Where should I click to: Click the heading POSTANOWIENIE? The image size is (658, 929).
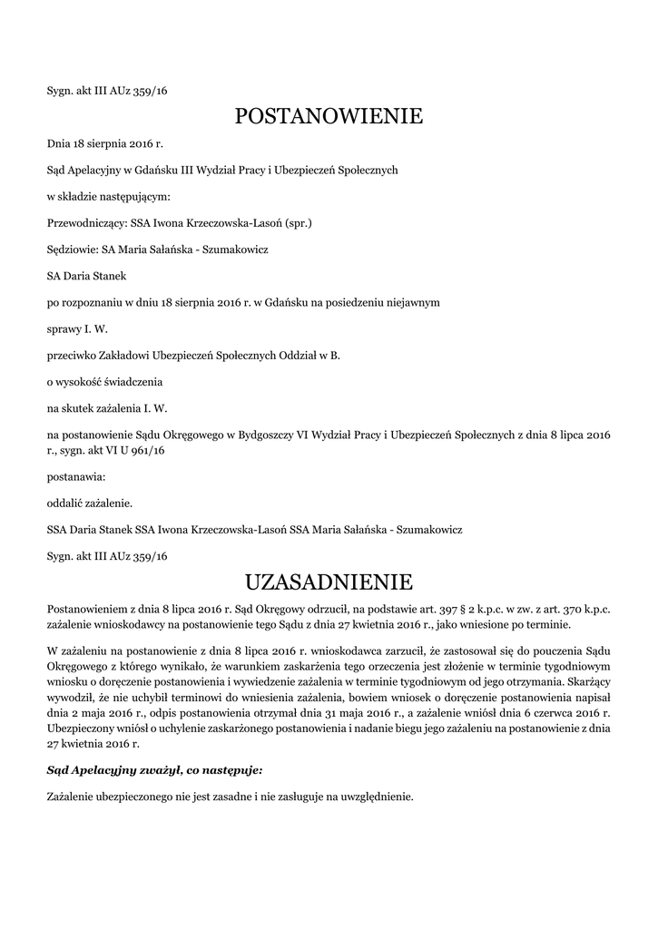coord(329,116)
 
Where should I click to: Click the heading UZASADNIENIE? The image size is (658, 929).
coord(329,580)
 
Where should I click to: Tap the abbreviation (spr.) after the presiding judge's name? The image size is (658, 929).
coord(298,221)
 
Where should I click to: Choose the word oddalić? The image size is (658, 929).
coord(65,502)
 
